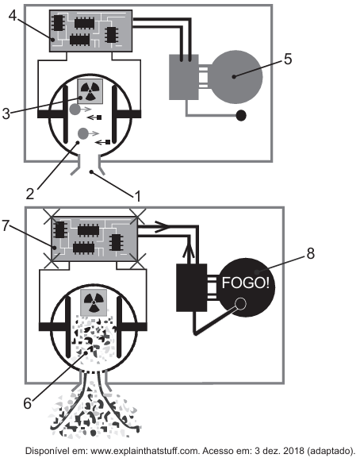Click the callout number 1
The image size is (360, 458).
(137, 196)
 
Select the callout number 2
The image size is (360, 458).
(30, 194)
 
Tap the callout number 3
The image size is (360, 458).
(6, 114)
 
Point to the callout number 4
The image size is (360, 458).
(13, 16)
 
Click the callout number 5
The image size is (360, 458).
(288, 59)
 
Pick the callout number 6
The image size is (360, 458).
(27, 403)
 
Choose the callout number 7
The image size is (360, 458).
(6, 225)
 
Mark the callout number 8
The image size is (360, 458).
(310, 253)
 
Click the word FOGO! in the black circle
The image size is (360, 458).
(245, 283)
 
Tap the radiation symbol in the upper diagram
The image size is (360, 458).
(90, 90)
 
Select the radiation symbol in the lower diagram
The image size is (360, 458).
(94, 302)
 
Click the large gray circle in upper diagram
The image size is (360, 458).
(236, 77)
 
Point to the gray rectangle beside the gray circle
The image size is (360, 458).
(184, 77)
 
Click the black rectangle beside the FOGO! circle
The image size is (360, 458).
(192, 287)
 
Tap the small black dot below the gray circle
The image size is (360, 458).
(241, 115)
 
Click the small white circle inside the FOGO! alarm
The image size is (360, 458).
(241, 304)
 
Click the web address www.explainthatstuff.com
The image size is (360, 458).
(145, 450)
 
